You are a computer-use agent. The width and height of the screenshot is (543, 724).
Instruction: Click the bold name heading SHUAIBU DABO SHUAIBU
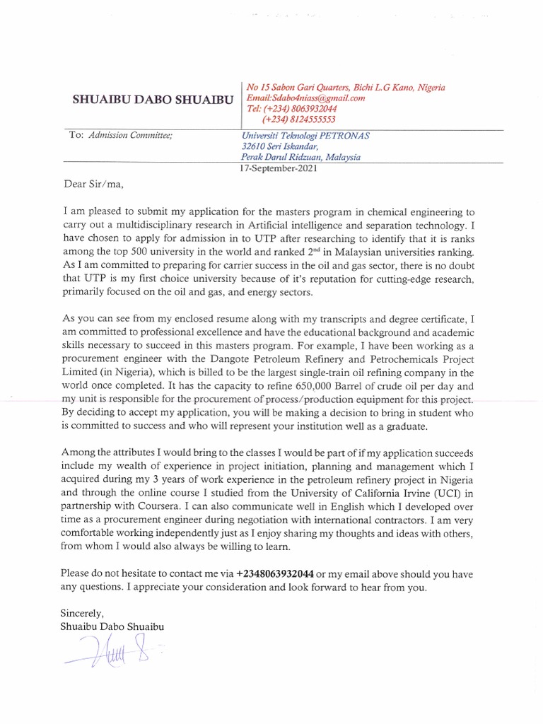153,100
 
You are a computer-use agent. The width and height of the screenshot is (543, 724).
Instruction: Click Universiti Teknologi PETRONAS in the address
305,136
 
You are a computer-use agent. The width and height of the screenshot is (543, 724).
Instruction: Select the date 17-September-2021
279,169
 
